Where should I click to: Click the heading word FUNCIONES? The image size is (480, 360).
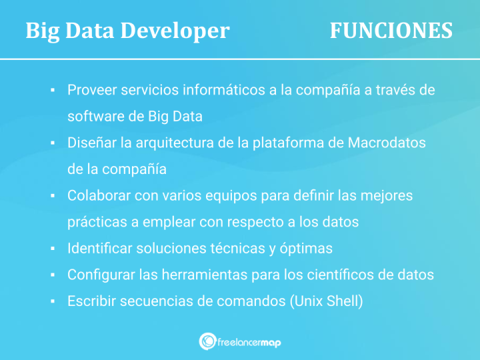pos(391,31)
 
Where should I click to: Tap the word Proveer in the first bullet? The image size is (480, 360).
pos(90,90)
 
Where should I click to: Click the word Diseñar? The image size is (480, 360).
pos(90,143)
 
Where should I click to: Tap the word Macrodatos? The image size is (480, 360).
pos(387,143)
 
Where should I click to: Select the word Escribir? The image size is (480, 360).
pos(91,301)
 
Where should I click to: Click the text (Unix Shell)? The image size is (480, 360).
pos(327,301)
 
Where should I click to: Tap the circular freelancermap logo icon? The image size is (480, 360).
pos(207,341)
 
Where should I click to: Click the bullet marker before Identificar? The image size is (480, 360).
pos(51,249)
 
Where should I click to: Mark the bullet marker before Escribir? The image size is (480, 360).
pos(51,301)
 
